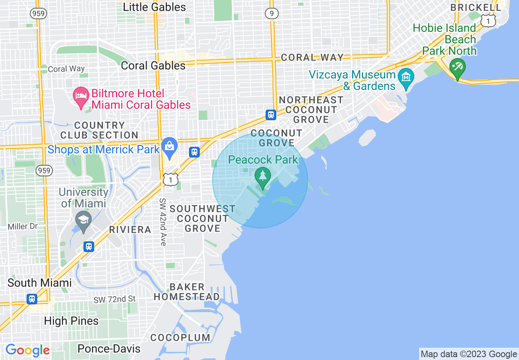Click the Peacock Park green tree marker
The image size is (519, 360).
262,177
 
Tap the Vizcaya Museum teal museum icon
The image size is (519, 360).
406,76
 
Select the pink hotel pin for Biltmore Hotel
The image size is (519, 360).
80,96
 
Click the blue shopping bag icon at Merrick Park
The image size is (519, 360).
169,146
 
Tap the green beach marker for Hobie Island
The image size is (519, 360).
457,66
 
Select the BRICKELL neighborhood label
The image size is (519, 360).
476,7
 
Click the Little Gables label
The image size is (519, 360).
154,7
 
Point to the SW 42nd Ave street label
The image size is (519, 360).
163,222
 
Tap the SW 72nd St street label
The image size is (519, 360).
114,299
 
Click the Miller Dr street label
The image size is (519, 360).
23,226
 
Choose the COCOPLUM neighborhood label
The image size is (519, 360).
180,337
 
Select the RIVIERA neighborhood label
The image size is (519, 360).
130,229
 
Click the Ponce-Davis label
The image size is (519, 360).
109,349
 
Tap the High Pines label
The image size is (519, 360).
71,321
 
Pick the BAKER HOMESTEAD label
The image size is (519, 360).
187,292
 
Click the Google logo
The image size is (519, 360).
27,350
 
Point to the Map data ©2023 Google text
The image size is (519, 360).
469,354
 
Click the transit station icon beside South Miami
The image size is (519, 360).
32,299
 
